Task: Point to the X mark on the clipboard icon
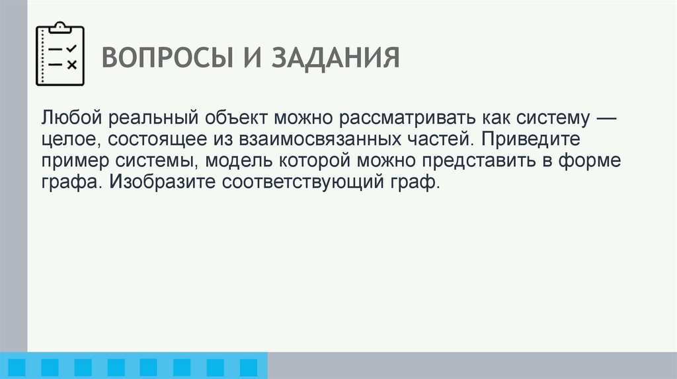tap(72, 64)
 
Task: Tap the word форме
tap(608, 160)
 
